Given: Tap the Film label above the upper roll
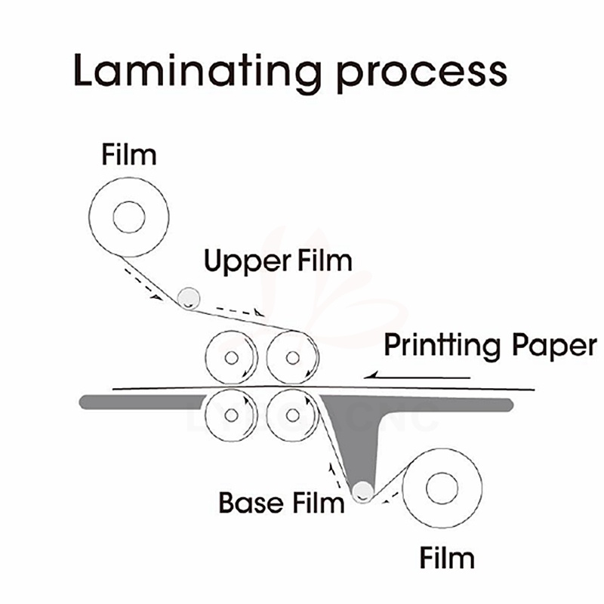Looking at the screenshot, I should tap(129, 155).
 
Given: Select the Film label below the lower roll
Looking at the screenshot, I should tap(448, 559).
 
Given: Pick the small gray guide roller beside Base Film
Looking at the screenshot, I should tap(364, 492).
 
